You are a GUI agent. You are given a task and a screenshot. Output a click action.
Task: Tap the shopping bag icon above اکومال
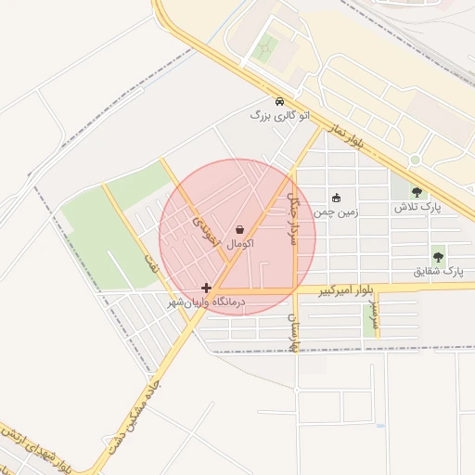click(240, 228)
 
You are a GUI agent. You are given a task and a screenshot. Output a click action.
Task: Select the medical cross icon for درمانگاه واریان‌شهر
click(206, 288)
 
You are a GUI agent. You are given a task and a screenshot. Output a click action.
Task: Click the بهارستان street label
click(294, 333)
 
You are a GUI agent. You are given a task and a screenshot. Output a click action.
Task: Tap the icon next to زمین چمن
click(336, 197)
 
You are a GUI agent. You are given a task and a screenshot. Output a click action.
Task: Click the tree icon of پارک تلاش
click(416, 192)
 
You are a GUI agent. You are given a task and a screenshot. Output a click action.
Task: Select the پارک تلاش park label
click(416, 207)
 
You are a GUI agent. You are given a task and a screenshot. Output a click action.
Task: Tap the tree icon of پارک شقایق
click(437, 256)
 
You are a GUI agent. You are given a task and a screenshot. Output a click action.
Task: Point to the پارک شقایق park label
click(437, 272)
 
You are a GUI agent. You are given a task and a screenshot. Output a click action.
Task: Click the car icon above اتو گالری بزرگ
click(278, 100)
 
